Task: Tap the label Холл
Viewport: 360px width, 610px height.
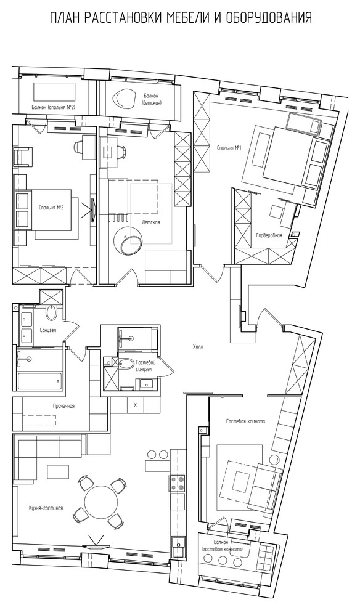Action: (198, 347)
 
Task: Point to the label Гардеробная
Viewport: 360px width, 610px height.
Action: (269, 236)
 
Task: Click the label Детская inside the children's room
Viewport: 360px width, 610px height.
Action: (151, 222)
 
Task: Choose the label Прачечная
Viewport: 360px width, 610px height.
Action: (63, 406)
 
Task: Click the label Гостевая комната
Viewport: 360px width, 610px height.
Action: (245, 421)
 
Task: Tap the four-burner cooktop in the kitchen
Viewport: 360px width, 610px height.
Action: (177, 484)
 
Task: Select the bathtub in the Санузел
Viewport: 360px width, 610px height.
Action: (39, 381)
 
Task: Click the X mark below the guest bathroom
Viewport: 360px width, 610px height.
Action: (135, 405)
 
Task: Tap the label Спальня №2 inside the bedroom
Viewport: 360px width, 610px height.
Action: (51, 208)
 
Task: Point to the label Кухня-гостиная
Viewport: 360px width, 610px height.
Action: (46, 508)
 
